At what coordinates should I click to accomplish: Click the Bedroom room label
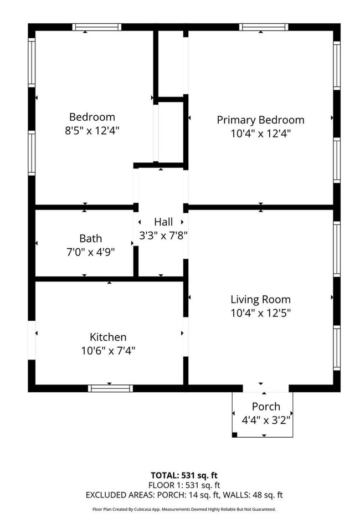[x=92, y=117]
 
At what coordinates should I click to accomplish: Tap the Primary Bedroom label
[x=260, y=120]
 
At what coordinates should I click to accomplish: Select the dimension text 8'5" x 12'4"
[x=92, y=131]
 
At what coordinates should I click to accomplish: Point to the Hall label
[x=163, y=222]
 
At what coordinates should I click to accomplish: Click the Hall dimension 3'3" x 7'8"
[x=163, y=235]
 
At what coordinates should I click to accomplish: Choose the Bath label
[x=90, y=238]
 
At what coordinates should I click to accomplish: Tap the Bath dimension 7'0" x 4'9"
[x=90, y=252]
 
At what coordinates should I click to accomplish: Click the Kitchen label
[x=108, y=337]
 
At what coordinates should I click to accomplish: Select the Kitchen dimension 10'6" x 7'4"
[x=108, y=350]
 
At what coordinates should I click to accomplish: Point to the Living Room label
[x=260, y=299]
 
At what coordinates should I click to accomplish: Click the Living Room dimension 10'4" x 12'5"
[x=260, y=312]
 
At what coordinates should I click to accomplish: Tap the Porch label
[x=266, y=406]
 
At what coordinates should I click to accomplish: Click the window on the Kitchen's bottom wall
[x=110, y=388]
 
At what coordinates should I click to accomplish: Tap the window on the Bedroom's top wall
[x=96, y=27]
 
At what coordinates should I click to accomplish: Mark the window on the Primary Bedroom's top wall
[x=264, y=27]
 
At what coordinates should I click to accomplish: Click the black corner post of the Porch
[x=235, y=435]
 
